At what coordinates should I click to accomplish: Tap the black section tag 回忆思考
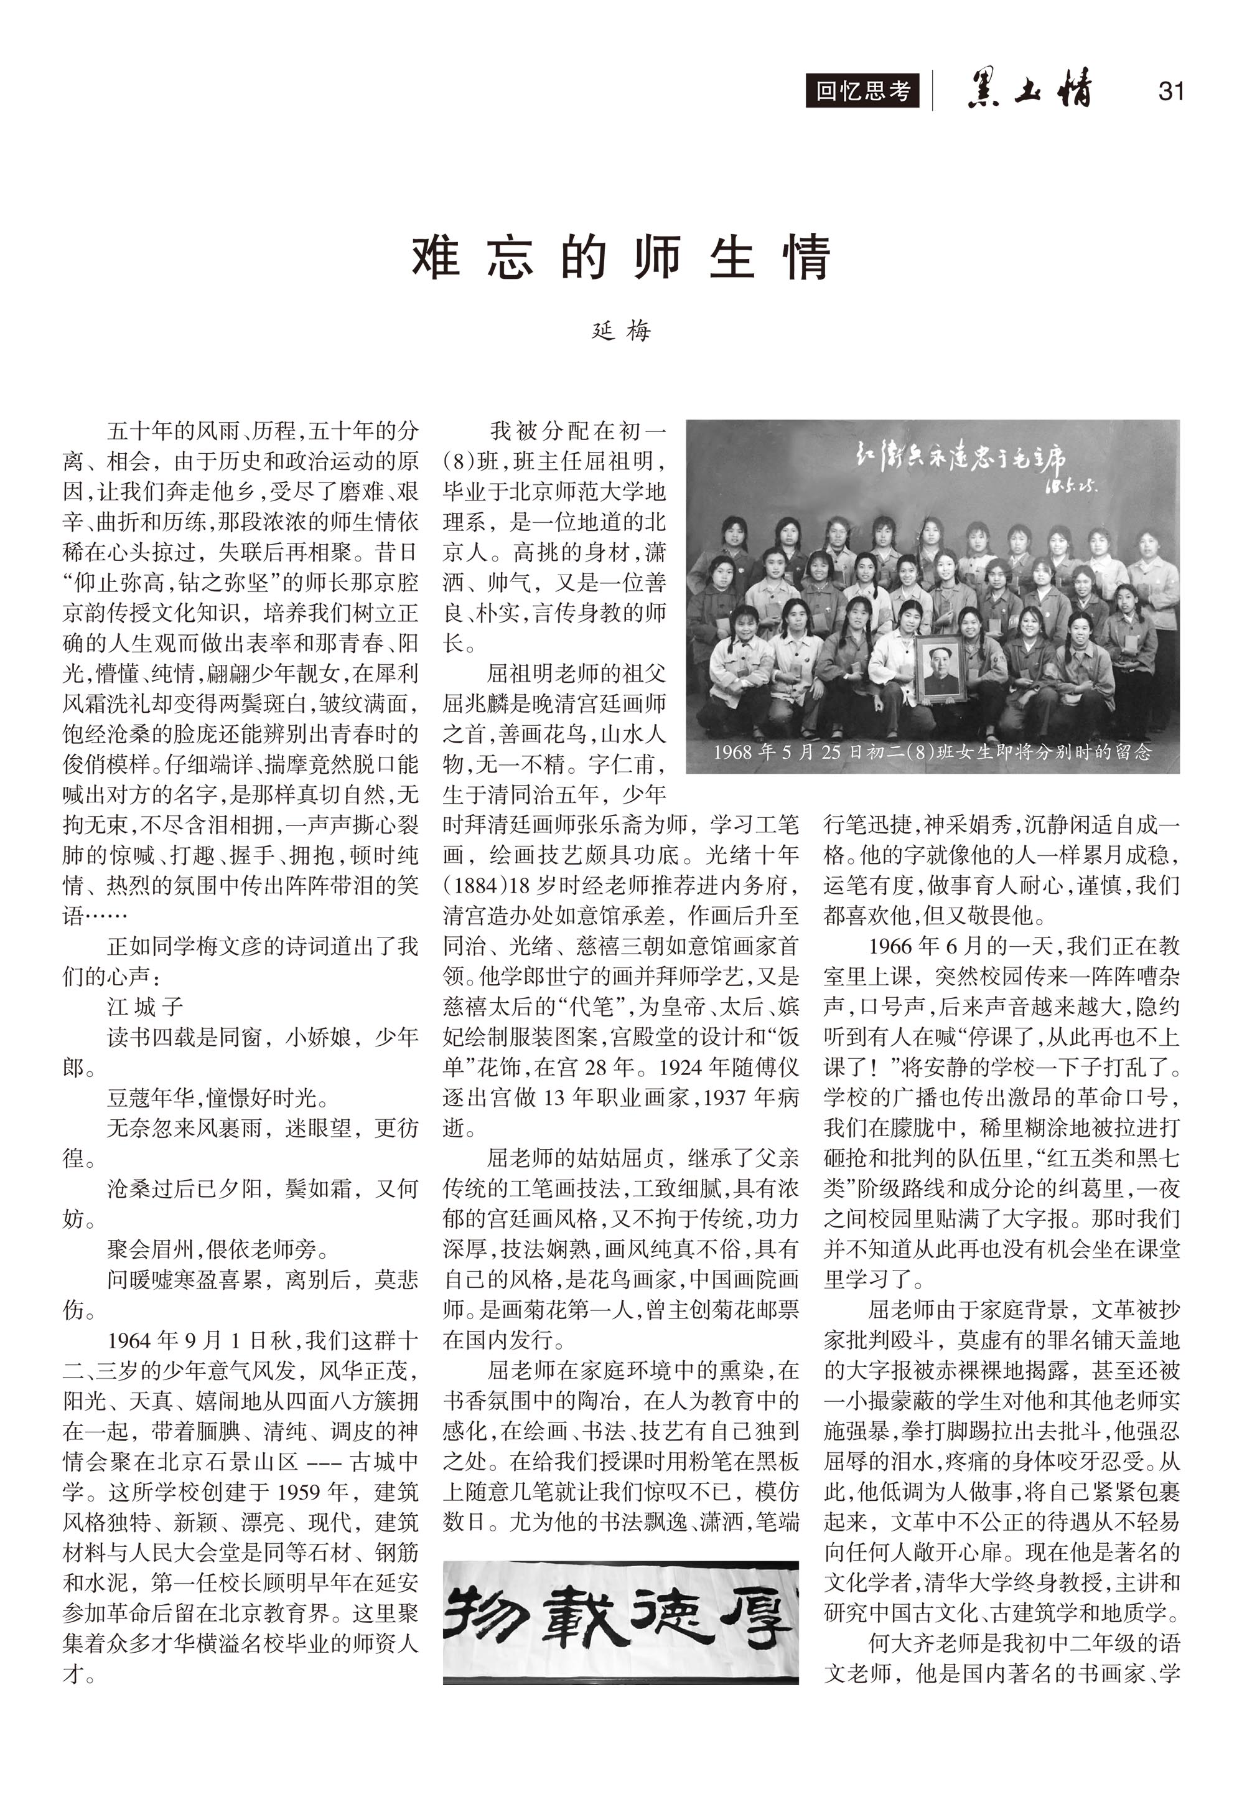pos(862,92)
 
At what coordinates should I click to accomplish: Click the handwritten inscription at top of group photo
pos(961,463)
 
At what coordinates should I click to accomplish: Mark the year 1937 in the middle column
pos(729,1097)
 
